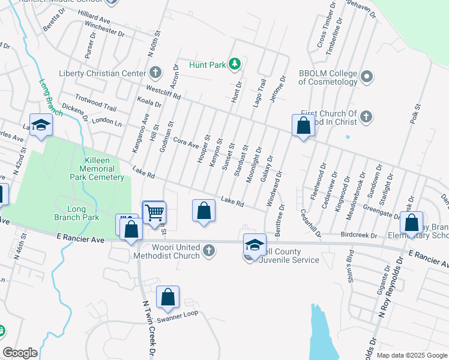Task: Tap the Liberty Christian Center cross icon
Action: click(x=155, y=73)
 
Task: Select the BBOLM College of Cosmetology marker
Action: click(x=368, y=77)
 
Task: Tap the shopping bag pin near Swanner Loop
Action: click(x=168, y=297)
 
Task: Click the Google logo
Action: click(x=20, y=353)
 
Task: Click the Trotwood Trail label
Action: click(x=95, y=103)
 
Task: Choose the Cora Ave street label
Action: click(x=185, y=142)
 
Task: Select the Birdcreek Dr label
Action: click(x=358, y=235)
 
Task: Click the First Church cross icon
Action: click(x=366, y=117)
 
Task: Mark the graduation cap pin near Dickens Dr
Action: click(x=41, y=125)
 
